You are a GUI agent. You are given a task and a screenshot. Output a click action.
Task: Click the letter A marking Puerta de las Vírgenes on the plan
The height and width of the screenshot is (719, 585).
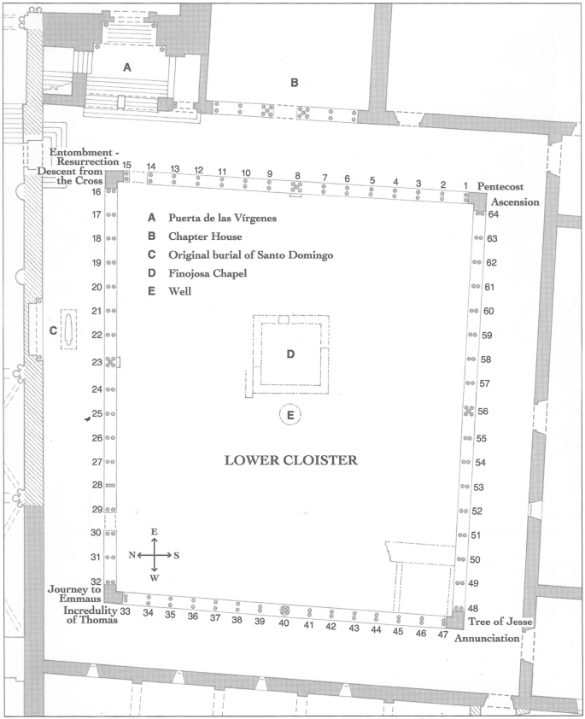127,67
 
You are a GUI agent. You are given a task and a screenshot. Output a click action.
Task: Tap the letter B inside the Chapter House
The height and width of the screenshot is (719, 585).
295,83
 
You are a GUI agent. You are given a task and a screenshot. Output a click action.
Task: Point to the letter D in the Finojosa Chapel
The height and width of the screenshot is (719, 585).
290,354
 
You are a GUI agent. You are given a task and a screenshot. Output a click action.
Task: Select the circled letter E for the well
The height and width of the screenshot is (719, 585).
290,416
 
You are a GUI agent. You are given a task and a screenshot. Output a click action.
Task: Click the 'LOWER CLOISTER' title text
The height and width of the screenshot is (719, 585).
290,460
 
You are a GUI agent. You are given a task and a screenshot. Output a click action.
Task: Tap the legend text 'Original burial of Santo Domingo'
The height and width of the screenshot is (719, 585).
250,255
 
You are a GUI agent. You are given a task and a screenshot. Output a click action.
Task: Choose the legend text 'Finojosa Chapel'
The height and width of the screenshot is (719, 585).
208,274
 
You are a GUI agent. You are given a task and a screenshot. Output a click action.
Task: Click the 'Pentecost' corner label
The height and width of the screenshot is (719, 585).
500,187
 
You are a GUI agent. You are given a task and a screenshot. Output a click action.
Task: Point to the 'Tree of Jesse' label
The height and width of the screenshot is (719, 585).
500,622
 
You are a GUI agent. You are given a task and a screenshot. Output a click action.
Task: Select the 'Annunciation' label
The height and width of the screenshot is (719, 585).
487,638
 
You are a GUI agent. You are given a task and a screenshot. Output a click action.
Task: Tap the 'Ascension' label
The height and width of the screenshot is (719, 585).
515,202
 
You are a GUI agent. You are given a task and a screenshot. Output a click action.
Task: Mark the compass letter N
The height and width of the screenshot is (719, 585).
132,555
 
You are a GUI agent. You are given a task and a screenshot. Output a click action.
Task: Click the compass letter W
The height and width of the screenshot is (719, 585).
155,578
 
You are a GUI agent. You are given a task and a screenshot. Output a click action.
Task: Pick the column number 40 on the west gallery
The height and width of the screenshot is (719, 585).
284,623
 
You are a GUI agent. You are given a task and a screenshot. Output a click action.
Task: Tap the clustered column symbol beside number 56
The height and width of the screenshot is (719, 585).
469,411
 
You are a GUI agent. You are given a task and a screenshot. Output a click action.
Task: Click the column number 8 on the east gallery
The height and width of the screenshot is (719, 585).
297,176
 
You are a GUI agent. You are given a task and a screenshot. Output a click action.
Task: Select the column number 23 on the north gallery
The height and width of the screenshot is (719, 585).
97,362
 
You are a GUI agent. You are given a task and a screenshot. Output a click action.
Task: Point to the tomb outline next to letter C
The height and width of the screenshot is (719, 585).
68,330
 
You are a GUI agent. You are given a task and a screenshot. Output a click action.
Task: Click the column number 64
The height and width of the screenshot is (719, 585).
494,214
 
